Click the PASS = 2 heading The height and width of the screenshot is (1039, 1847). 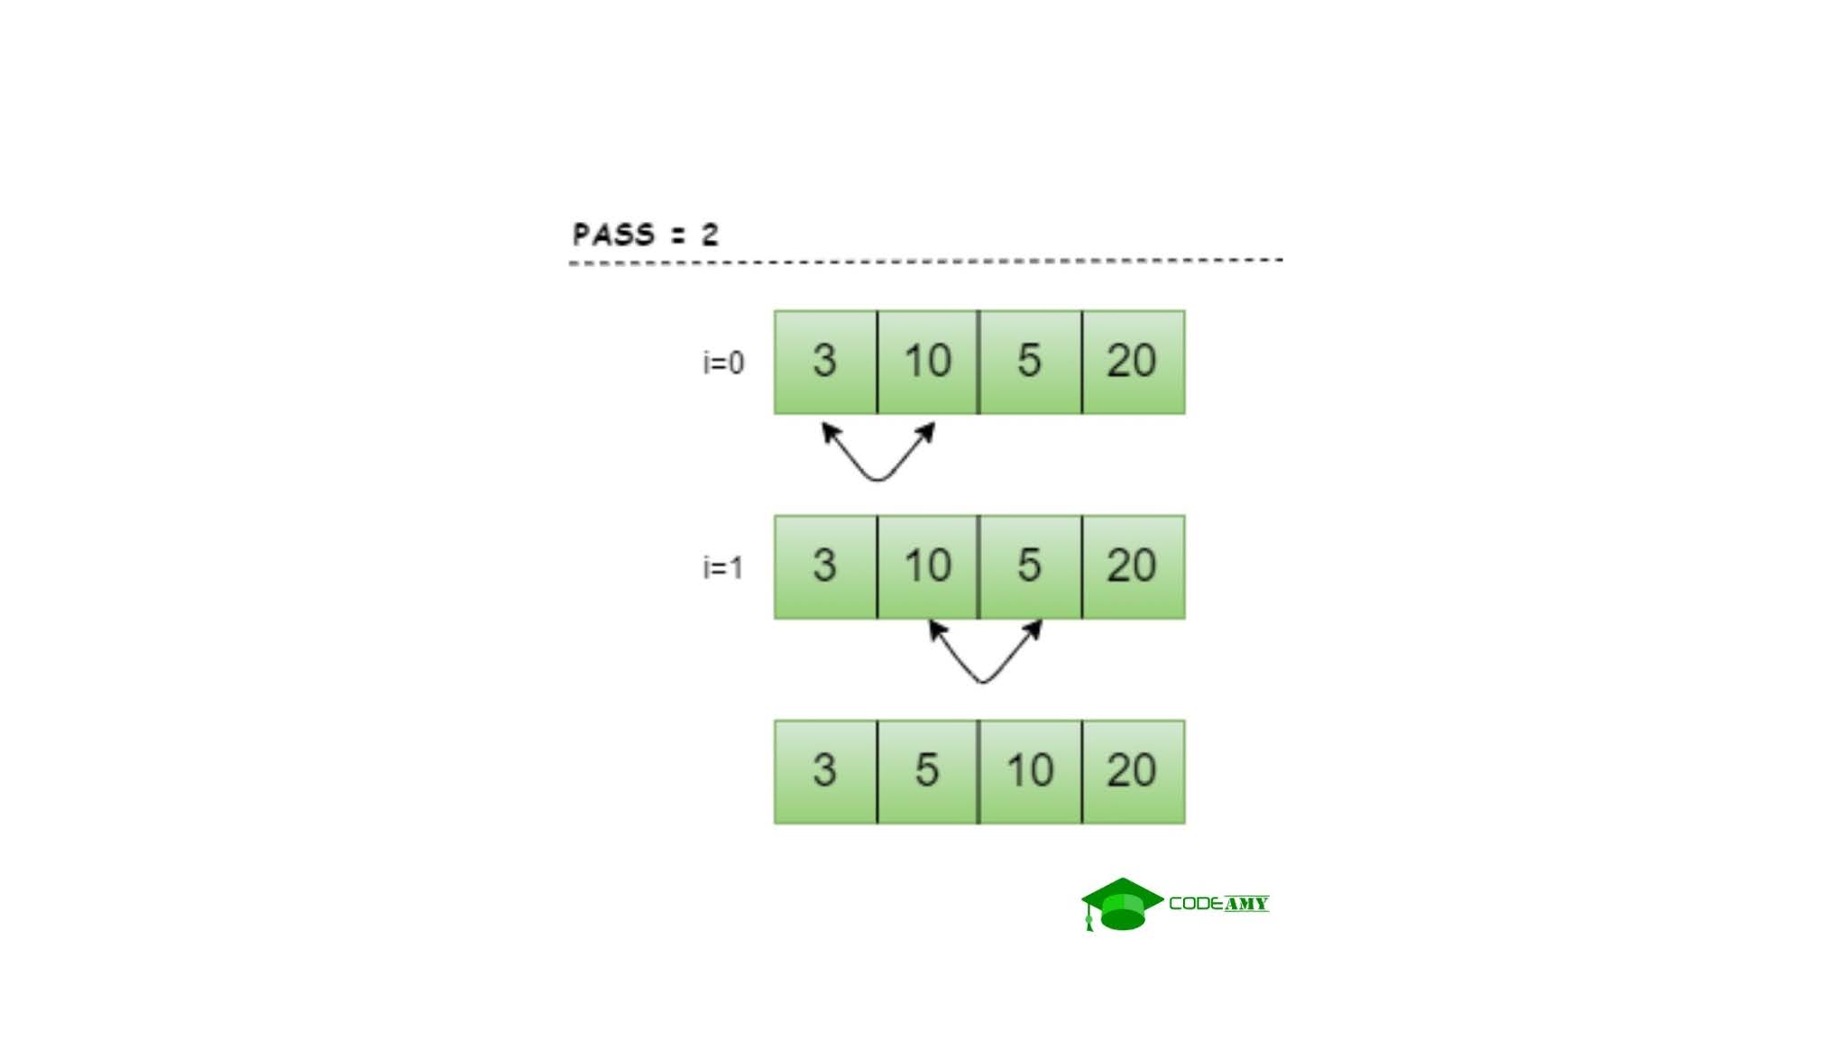tap(646, 234)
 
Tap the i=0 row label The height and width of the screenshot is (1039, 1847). tap(723, 363)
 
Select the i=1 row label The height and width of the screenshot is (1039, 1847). tap(723, 567)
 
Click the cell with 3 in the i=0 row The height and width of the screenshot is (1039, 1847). tap(825, 363)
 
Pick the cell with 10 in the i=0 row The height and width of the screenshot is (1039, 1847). tap(928, 363)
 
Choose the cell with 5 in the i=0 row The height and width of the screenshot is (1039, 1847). tap(1030, 363)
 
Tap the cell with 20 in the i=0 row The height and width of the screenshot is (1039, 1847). tap(1134, 363)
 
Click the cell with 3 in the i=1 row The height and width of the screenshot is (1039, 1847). tap(825, 567)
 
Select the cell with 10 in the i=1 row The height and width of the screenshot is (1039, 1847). tap(928, 567)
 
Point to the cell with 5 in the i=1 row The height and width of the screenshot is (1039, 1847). tap(1030, 567)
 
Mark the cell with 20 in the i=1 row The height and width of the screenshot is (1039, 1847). tap(1134, 567)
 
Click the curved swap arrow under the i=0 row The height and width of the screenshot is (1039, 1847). tap(878, 479)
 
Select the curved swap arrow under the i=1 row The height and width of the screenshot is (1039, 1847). tap(983, 681)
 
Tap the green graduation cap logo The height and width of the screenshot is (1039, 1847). tap(1122, 905)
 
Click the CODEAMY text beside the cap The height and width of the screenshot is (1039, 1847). tap(1218, 904)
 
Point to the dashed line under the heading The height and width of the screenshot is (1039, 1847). tap(925, 262)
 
